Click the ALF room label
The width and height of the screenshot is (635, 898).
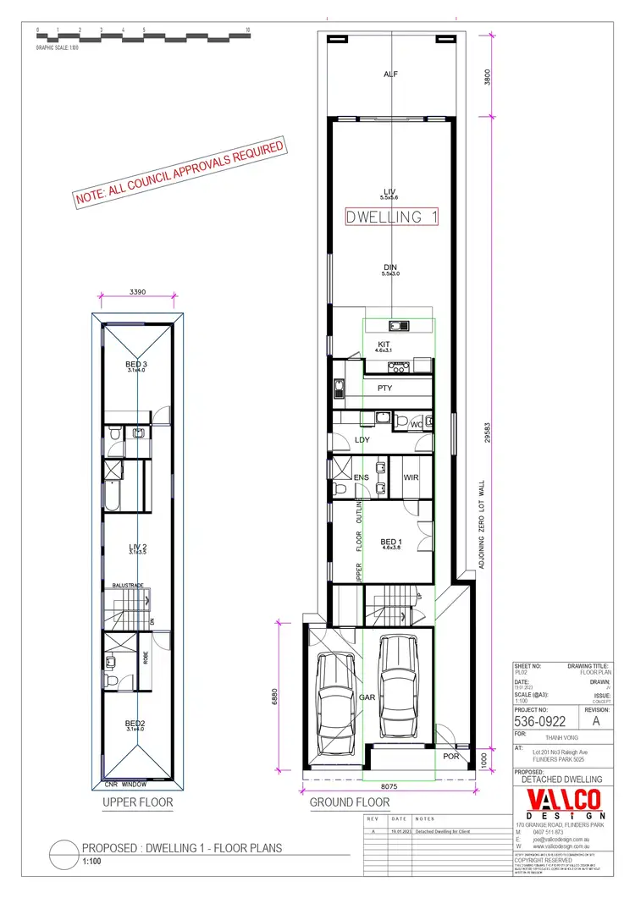coord(390,74)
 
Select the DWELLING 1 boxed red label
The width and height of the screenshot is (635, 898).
coord(392,218)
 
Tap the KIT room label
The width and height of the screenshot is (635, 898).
coord(383,344)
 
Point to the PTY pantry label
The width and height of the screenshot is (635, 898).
coord(384,388)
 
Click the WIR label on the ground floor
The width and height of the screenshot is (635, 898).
coord(411,478)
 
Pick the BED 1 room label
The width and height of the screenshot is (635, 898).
coord(389,542)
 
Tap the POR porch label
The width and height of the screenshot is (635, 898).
coord(451,756)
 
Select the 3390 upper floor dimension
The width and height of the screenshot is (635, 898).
coord(138,292)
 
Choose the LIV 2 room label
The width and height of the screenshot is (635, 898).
coord(137,548)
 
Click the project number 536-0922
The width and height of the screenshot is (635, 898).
coord(542,722)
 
